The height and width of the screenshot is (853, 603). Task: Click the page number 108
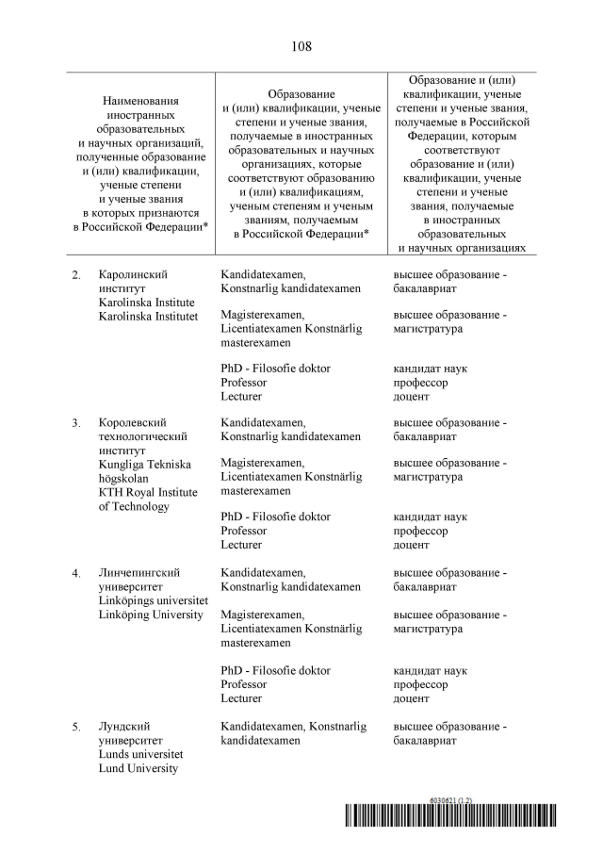(x=301, y=46)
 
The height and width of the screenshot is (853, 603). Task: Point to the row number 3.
(x=75, y=423)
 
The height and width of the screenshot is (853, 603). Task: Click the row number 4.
(x=75, y=573)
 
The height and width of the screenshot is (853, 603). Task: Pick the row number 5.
(x=75, y=728)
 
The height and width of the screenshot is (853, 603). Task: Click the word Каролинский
(x=133, y=274)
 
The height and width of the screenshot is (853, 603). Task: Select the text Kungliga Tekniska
(x=144, y=465)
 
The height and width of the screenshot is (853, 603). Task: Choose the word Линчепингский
(x=139, y=573)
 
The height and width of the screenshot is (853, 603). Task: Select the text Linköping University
(x=151, y=615)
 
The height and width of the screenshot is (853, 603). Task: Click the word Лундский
(x=125, y=728)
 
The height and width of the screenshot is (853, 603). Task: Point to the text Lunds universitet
(x=140, y=755)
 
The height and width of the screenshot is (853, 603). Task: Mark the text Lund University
(x=138, y=769)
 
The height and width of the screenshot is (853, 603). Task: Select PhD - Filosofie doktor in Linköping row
(x=275, y=671)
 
